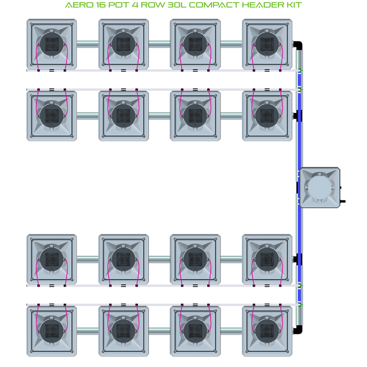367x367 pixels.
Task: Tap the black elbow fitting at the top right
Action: [297, 45]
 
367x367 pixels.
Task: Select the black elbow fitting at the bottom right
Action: [297, 330]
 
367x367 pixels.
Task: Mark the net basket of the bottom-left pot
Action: [52, 329]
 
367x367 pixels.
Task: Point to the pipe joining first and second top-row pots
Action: [87, 43]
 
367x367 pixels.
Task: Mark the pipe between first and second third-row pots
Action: [87, 258]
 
